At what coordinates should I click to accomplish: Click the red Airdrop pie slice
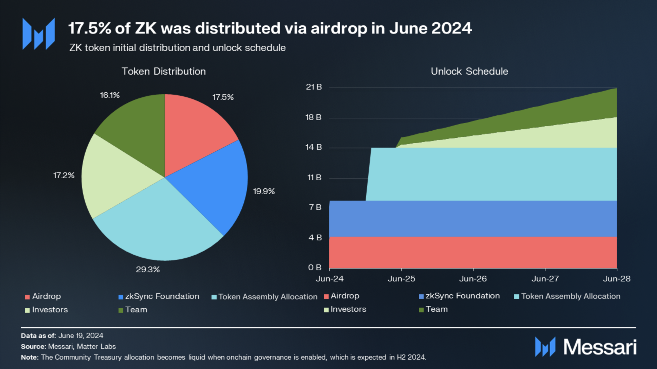(193, 132)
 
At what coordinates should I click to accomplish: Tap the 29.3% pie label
(148, 269)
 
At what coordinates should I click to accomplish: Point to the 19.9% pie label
(264, 191)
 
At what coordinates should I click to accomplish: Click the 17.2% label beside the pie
(64, 175)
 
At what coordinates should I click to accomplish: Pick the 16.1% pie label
(110, 95)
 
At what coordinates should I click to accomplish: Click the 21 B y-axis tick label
(314, 87)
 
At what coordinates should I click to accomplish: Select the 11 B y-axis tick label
(314, 178)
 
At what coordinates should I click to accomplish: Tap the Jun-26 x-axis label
(473, 279)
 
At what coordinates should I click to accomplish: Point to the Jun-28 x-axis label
(617, 279)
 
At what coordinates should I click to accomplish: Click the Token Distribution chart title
(164, 71)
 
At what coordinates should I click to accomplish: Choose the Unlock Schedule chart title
(469, 71)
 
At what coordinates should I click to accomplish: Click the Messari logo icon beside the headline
(39, 34)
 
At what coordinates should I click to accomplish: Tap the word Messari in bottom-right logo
(600, 347)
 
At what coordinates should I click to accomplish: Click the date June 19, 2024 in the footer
(81, 336)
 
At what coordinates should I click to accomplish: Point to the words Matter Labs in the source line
(96, 347)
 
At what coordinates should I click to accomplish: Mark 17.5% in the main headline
(89, 28)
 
